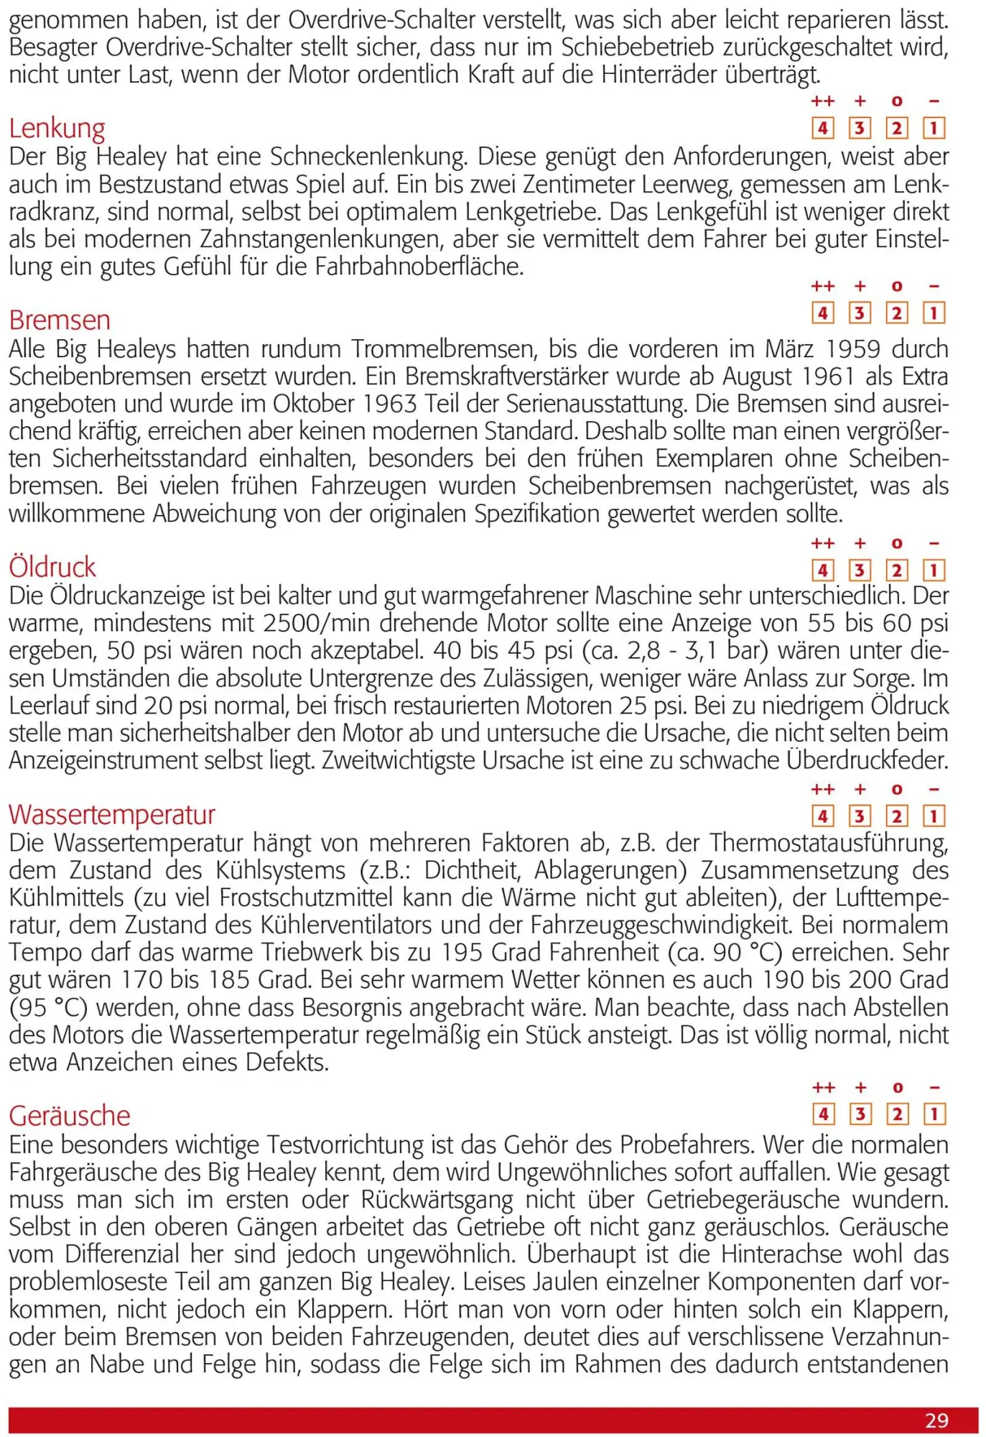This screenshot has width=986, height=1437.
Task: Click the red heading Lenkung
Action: click(x=57, y=129)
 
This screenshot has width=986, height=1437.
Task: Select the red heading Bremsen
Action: click(x=60, y=320)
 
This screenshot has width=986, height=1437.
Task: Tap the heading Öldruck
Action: click(x=52, y=568)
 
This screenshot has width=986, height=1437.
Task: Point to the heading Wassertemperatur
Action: click(x=112, y=815)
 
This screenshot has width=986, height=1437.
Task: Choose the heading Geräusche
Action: click(x=70, y=1116)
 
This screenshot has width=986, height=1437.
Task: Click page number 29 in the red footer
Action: click(x=936, y=1420)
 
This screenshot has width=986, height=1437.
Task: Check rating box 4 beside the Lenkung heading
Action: click(x=822, y=129)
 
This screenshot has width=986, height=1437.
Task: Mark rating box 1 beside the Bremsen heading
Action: click(x=934, y=313)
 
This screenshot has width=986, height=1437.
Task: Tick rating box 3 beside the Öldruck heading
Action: click(x=860, y=570)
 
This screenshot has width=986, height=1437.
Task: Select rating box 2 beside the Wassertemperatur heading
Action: click(x=897, y=816)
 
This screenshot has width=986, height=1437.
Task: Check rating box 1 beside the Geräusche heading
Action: click(x=934, y=1114)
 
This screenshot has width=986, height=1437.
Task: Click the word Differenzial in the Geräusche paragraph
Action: click(x=121, y=1255)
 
